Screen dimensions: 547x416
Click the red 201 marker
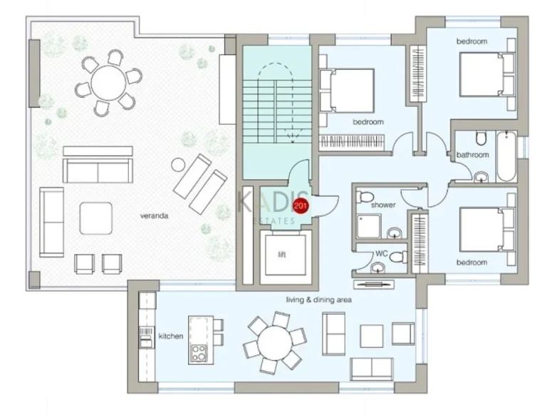301,206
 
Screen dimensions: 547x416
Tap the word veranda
154,215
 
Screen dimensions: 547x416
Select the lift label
282,254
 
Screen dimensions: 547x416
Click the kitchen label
171,336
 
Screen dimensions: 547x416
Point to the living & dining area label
319,300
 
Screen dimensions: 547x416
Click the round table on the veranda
108,83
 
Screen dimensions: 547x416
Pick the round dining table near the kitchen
276,343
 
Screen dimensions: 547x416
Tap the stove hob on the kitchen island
198,353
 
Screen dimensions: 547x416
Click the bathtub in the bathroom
506,156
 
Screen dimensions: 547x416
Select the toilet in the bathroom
481,138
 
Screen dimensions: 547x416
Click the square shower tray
368,226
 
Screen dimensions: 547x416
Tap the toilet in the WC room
398,258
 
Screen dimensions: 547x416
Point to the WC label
382,253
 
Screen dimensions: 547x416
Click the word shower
383,205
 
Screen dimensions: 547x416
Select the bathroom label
473,155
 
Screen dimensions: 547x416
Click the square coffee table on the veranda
96,218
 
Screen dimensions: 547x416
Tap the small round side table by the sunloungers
178,165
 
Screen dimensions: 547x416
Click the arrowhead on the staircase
292,140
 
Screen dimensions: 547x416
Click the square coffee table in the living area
372,336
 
